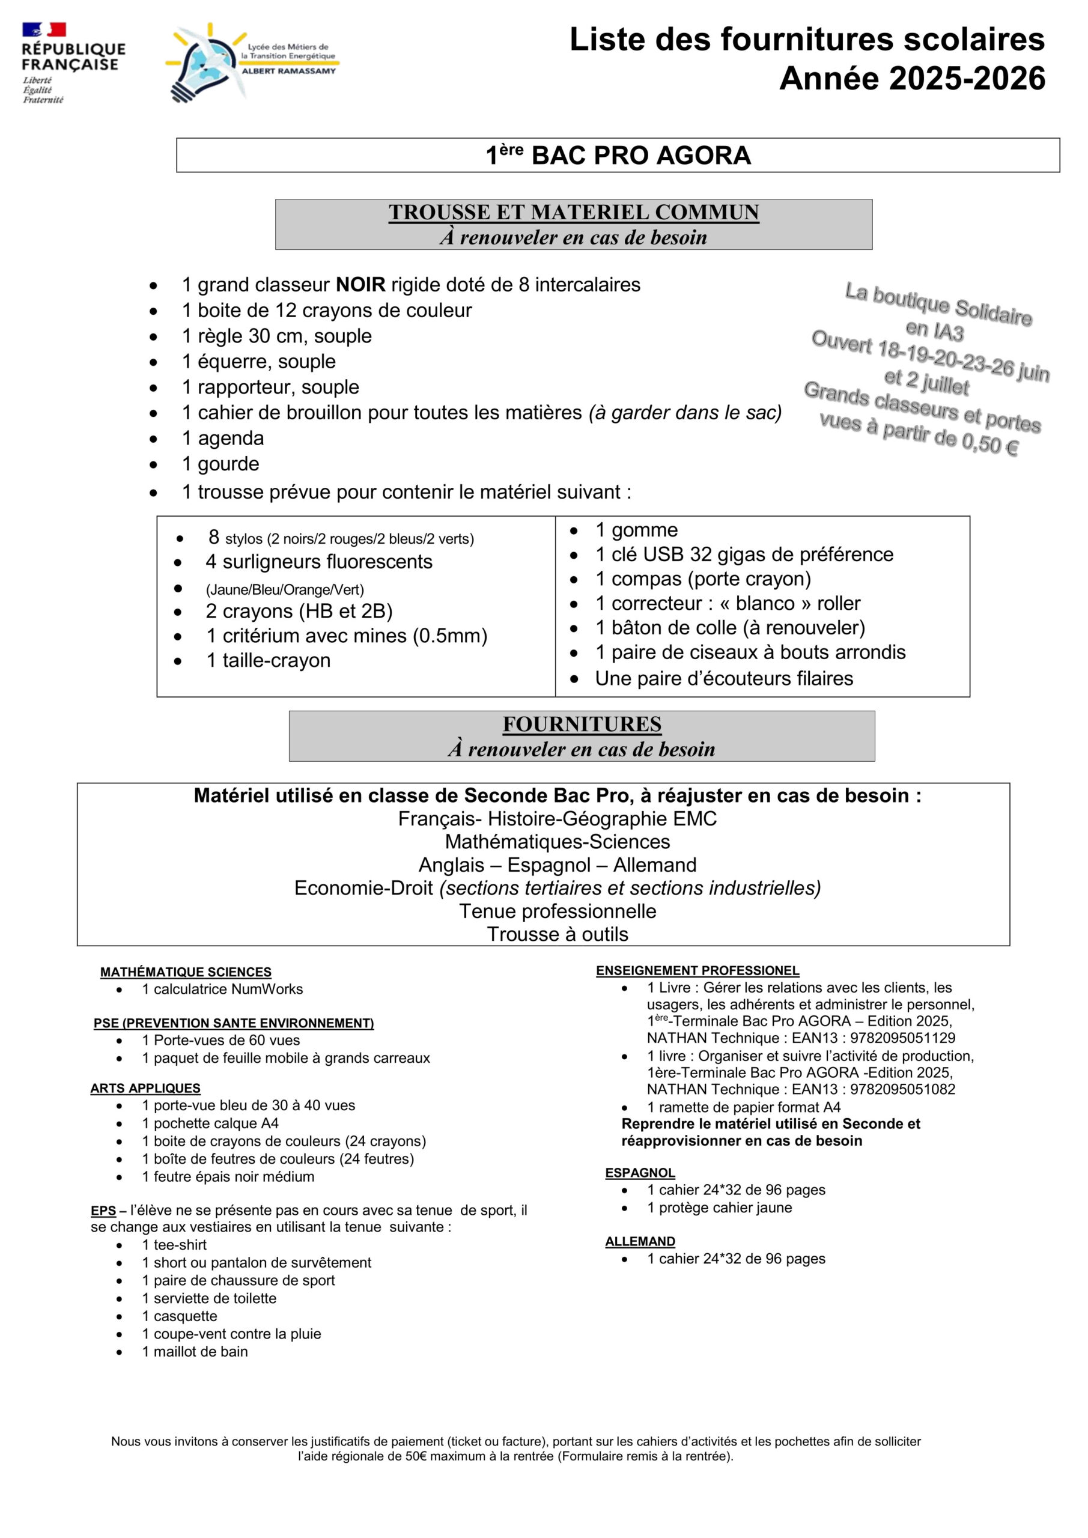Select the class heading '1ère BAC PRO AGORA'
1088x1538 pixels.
618,156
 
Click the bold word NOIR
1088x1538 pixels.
360,285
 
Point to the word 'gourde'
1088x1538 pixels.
228,464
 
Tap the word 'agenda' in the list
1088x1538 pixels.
231,438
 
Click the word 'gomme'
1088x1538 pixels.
645,530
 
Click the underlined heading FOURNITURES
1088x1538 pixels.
582,724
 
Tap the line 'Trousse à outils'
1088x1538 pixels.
558,934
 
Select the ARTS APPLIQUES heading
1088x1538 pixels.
145,1089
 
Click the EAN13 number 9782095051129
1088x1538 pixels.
902,1038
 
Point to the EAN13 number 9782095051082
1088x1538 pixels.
902,1090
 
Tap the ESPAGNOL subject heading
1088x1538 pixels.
640,1173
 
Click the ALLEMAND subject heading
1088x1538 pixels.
640,1241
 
